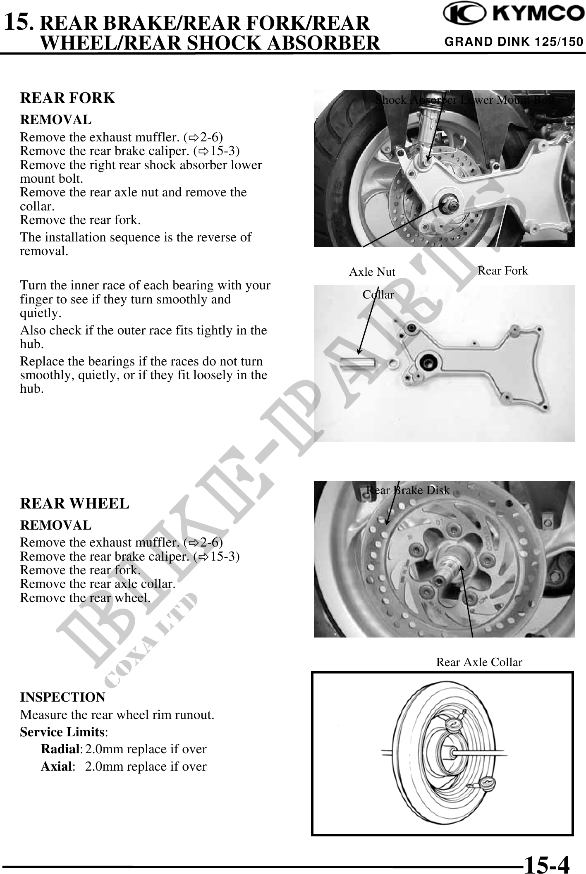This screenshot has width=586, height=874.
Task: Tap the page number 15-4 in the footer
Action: [546, 861]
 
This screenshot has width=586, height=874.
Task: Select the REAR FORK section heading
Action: [67, 98]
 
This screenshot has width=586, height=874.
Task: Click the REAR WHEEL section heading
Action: [74, 504]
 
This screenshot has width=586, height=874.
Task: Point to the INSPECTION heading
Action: [62, 697]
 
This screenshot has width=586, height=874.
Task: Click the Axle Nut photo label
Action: [372, 272]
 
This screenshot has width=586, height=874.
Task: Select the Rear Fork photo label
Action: [502, 271]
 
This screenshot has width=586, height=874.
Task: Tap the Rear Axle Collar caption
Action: [479, 662]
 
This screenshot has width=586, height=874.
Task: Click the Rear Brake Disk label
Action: [408, 490]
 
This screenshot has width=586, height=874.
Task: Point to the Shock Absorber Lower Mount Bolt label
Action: [465, 100]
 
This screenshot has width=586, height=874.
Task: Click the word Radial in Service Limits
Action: [61, 749]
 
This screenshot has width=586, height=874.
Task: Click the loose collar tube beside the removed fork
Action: [356, 364]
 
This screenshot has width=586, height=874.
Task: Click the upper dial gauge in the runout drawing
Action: [455, 725]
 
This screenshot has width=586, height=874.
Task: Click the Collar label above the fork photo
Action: [378, 295]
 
